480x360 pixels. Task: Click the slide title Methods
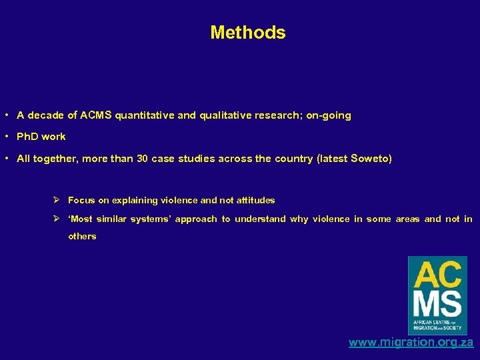(247, 33)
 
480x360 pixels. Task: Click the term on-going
(328, 115)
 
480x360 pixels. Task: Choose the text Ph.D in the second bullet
(27, 137)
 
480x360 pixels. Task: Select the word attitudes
(255, 200)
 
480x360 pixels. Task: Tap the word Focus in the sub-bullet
(81, 200)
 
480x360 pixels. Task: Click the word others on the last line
(82, 236)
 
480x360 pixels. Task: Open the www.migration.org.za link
(411, 343)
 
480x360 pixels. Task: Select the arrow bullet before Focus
(58, 200)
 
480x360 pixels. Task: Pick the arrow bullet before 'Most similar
(58, 219)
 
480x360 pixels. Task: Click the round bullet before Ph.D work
(6, 137)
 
